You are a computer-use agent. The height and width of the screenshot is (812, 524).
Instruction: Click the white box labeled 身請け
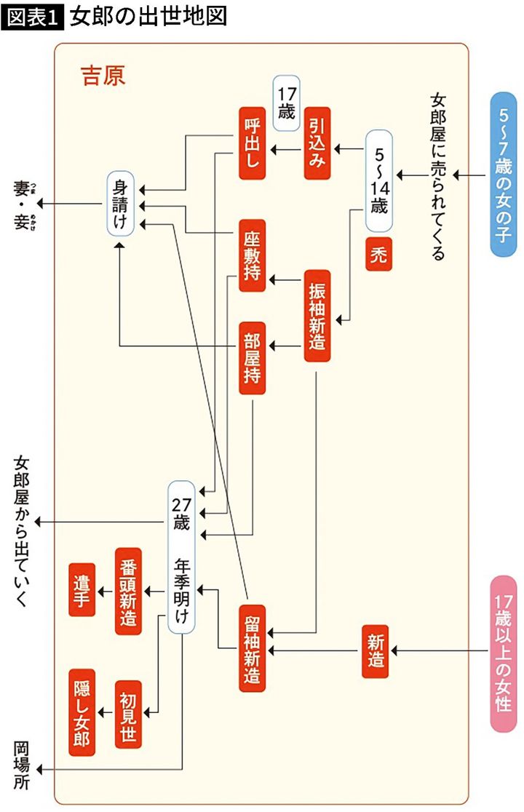121,203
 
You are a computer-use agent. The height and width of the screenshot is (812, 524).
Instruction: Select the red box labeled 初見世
129,714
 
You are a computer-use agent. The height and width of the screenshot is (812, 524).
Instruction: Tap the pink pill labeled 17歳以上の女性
504,653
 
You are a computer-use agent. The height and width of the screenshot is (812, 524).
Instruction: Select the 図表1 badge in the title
33,17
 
